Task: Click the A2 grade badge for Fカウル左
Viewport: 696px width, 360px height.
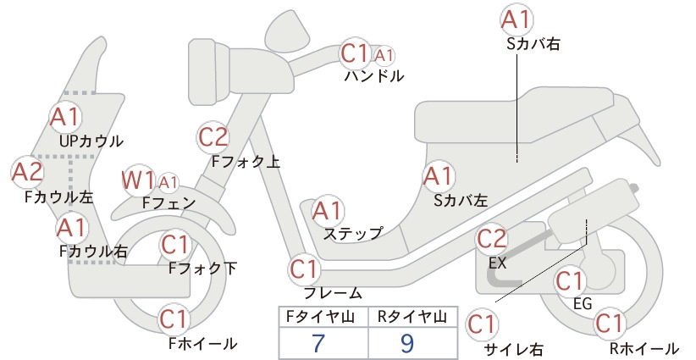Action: coord(26,172)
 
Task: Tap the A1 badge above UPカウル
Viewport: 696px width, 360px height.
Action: coord(65,117)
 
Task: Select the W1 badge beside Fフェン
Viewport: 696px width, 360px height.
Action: coord(138,180)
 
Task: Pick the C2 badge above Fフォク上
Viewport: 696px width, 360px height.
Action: coord(213,136)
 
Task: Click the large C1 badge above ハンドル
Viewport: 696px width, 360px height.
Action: coord(355,53)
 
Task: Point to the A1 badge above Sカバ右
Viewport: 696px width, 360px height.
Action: coord(516,20)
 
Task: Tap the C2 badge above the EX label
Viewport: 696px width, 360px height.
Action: coord(492,239)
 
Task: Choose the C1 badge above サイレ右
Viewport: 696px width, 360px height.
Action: coord(482,325)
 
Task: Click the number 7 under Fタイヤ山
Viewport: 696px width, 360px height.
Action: coord(318,343)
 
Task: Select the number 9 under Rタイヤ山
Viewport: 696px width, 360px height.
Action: coord(406,343)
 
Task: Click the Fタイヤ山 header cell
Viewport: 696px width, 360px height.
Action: coord(323,317)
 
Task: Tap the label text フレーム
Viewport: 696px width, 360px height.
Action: coord(333,293)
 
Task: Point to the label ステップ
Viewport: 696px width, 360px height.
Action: coord(353,234)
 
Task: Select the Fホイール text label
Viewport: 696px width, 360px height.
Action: coord(203,343)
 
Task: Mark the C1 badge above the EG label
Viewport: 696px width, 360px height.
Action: coord(570,281)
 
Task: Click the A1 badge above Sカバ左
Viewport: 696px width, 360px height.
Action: coord(438,176)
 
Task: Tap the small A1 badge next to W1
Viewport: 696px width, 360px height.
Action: coord(168,182)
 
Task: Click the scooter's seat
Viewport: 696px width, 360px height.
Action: coord(524,116)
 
